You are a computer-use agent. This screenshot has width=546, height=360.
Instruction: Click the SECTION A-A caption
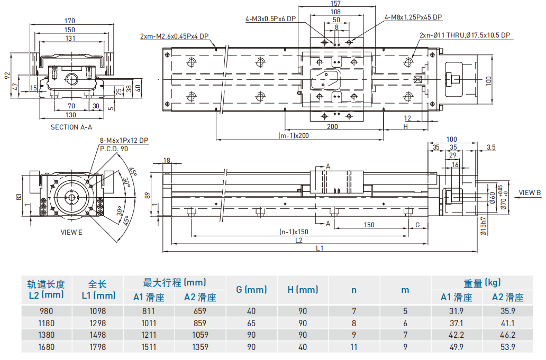click(x=71, y=127)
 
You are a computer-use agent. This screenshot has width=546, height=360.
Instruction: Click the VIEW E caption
click(x=71, y=232)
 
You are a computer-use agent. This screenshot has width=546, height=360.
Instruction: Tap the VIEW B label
click(x=530, y=192)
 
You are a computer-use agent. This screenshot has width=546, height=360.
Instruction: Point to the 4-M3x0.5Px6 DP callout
click(x=270, y=19)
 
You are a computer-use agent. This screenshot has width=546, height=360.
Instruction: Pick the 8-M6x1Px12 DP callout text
click(x=124, y=141)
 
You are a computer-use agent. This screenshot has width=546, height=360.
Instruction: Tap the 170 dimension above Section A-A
click(x=70, y=21)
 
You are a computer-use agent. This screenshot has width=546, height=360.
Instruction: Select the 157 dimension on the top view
click(x=335, y=3)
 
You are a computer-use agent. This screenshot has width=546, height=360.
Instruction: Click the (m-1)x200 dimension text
click(x=294, y=135)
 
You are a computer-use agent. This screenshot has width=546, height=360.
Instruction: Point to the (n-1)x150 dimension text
click(x=294, y=232)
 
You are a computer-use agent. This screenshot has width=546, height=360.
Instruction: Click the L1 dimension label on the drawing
click(x=320, y=247)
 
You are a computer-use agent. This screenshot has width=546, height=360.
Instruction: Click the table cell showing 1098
click(x=98, y=311)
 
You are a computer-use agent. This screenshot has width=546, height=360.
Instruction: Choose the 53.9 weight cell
click(x=508, y=347)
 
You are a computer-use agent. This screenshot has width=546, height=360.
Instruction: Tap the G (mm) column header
click(x=251, y=290)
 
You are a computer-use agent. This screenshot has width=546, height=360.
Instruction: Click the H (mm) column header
click(x=303, y=290)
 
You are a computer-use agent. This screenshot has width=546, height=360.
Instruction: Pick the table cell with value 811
click(x=149, y=311)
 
